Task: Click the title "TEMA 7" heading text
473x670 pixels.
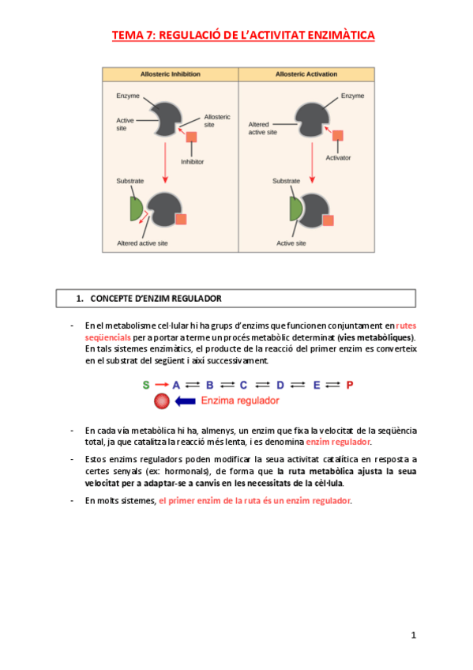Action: [243, 35]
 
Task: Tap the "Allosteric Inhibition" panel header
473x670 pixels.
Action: [171, 74]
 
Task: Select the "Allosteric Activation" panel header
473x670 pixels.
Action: [306, 74]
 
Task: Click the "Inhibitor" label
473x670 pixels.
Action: [192, 161]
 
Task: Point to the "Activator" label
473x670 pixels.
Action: [338, 158]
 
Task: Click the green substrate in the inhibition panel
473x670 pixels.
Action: [136, 209]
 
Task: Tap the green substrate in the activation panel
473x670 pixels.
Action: [295, 209]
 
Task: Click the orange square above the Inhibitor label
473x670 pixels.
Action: [191, 137]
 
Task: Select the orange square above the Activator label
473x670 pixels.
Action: [338, 135]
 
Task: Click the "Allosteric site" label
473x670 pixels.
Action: [217, 121]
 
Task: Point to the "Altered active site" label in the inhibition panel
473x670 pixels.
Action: [142, 243]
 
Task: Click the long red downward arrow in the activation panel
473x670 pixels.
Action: [312, 163]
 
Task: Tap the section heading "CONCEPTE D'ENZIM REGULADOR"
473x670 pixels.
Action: [156, 299]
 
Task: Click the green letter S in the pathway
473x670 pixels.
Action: [146, 385]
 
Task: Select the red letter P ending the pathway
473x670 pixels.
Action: [350, 385]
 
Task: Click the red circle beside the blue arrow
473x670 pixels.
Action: [162, 401]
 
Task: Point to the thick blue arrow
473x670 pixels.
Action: [186, 401]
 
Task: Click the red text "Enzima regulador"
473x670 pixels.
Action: [240, 401]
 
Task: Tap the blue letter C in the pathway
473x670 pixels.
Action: [243, 385]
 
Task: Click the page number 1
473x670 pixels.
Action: [413, 635]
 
